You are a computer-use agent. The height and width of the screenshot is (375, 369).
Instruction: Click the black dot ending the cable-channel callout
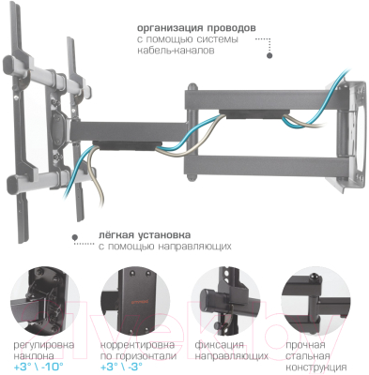[270, 56]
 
